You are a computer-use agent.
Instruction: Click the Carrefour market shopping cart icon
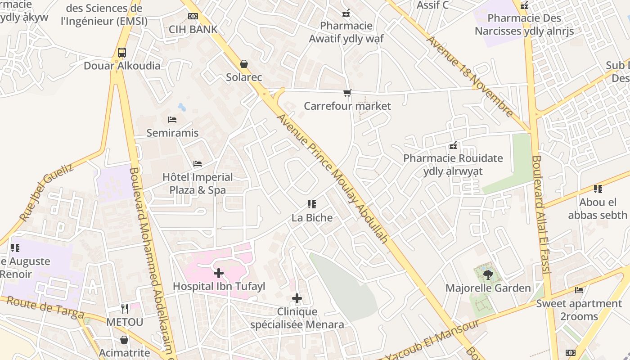pos(347,93)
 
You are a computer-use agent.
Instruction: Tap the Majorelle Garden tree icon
pos(487,274)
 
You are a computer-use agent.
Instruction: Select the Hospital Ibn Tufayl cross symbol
pos(219,273)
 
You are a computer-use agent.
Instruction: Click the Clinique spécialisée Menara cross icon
pos(297,298)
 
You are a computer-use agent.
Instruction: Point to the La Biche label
pos(312,218)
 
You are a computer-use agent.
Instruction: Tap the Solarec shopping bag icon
pos(244,64)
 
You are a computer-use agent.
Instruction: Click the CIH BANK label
pos(193,30)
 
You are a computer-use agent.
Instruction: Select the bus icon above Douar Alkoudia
pos(122,53)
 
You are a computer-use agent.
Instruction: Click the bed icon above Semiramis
pos(172,120)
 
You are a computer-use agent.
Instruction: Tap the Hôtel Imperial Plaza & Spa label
pos(198,184)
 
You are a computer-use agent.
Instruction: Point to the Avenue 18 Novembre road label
pos(470,76)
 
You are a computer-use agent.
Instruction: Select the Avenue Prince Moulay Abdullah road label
pos(333,178)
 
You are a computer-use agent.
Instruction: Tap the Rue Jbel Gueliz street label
pos(46,192)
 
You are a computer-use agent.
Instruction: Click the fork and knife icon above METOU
pos(125,309)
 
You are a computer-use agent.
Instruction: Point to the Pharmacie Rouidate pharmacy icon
pos(453,145)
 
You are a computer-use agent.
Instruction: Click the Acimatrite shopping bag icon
pos(124,340)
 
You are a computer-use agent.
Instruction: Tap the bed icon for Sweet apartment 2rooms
pos(579,290)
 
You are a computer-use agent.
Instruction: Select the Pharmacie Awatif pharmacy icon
pos(346,13)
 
